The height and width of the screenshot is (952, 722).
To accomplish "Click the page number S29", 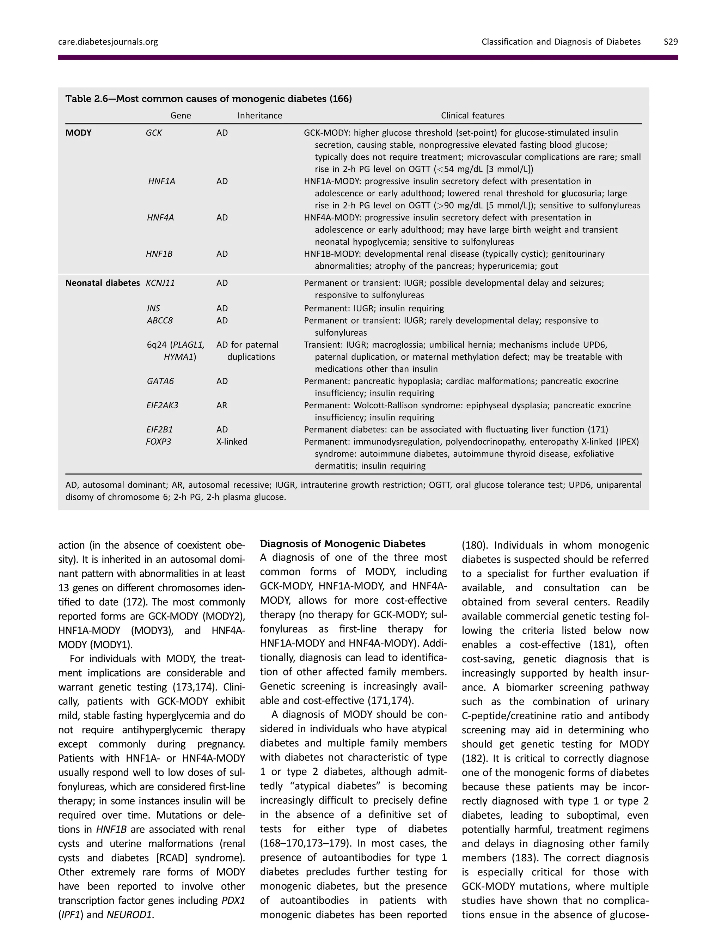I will (x=671, y=42).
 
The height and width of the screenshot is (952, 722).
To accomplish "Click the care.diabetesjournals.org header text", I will (x=108, y=42).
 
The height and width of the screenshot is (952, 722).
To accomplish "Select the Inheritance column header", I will (x=259, y=115).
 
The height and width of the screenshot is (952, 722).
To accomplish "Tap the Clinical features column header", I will (x=472, y=115).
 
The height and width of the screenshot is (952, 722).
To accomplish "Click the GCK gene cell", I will (x=154, y=133).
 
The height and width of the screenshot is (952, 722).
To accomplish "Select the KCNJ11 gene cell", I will (x=160, y=283).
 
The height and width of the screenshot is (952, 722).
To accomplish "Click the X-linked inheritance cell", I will (x=232, y=441).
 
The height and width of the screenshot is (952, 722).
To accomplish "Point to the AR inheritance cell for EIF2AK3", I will (x=222, y=405).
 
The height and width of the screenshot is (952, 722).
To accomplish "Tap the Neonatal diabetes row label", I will (x=102, y=283).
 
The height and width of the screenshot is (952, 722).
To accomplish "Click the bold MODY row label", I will (x=78, y=133).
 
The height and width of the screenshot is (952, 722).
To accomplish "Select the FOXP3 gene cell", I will (x=158, y=441).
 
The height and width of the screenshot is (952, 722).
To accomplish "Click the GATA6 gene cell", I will (x=160, y=381).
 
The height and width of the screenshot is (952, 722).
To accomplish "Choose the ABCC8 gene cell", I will (x=160, y=321).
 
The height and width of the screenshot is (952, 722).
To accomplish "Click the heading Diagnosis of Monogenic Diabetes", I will (x=343, y=544).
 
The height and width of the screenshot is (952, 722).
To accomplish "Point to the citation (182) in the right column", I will (x=474, y=758).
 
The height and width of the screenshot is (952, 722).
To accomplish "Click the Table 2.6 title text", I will (x=208, y=99).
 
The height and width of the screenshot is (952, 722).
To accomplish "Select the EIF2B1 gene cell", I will (x=159, y=429).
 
